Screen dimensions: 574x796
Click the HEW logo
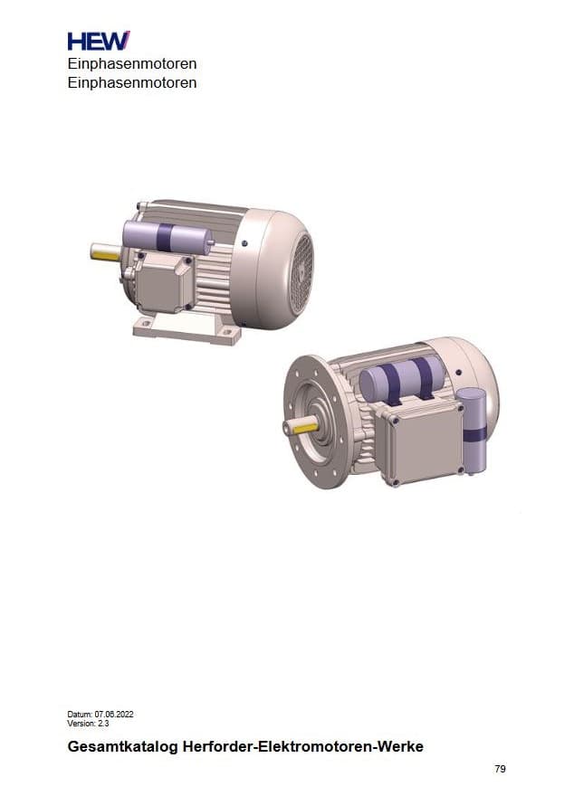(99, 41)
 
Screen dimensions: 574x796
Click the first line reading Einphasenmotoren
(132, 64)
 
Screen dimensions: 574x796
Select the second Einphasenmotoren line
(132, 82)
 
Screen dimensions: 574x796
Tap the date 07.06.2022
(114, 715)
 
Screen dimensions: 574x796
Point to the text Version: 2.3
(88, 724)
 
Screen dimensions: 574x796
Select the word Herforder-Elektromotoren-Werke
(302, 747)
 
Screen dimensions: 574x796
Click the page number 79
(500, 769)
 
